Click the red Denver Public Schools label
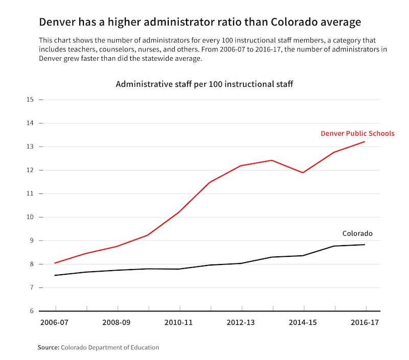coord(357,134)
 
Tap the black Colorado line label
coord(357,234)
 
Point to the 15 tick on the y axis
coord(30,100)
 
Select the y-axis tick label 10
coord(30,217)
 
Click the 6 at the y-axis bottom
coord(32,311)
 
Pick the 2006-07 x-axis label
coord(55,323)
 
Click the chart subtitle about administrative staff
coord(204,84)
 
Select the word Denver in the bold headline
coord(58,22)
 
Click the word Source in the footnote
coord(48,348)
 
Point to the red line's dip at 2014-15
coord(304,173)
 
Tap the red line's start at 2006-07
coord(55,263)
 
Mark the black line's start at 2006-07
coord(55,275)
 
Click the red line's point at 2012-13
coord(242,165)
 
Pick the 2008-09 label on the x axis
coord(117,323)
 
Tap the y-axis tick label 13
coord(30,147)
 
